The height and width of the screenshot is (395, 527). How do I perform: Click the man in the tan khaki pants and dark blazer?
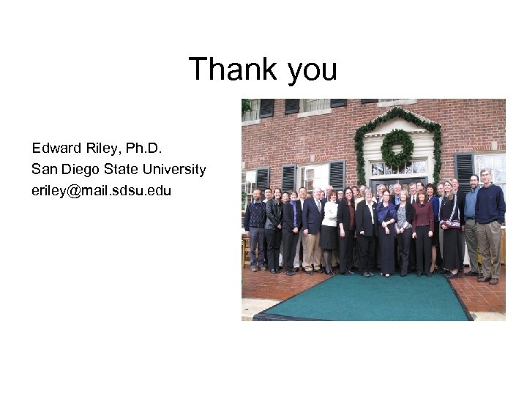(x=313, y=227)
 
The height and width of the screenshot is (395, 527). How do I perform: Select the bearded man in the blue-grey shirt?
(x=473, y=216)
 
